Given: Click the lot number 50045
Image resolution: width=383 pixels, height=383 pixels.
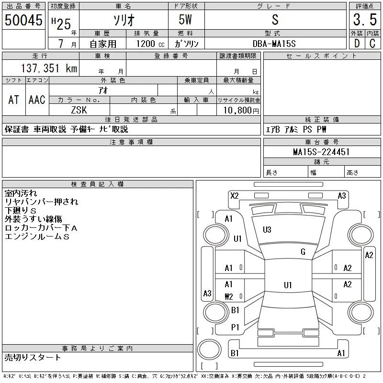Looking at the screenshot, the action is pos(23,20).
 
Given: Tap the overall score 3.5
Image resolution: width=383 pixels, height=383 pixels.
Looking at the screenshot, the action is pos(365,20).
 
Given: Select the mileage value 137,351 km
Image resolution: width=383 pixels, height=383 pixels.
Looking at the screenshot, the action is pos(49,68).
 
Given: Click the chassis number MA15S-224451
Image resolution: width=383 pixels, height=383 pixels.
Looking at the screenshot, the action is pos(321,152).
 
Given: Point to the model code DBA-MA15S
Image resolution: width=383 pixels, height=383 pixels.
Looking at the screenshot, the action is pos(274,44).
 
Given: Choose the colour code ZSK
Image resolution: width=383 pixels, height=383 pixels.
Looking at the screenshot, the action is pos(79,110).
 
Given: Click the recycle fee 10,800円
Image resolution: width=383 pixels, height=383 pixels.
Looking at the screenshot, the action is pos(241,111).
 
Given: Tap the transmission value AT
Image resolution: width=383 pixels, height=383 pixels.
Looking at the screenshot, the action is pos(14,100).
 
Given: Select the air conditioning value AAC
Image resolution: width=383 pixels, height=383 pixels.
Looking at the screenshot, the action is pos(37,100).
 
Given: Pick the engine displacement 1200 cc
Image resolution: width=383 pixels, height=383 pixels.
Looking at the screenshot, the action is pos(150,44).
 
